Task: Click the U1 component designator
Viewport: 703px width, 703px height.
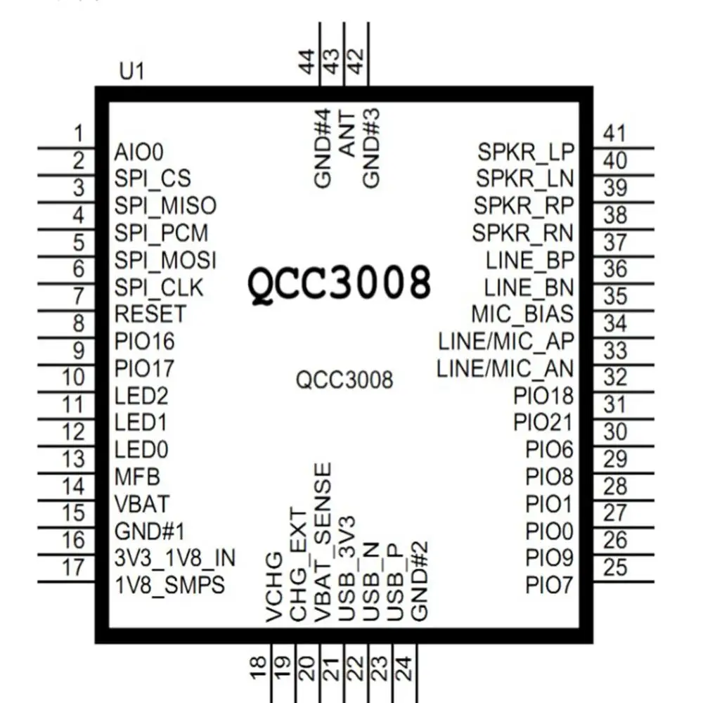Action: tap(132, 73)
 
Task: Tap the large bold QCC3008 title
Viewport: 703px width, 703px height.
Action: tap(339, 283)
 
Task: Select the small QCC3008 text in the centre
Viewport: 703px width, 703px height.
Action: tap(344, 380)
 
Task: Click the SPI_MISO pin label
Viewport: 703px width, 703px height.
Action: tap(165, 205)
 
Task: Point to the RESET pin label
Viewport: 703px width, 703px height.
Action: tap(150, 314)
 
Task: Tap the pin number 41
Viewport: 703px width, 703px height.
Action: tap(614, 134)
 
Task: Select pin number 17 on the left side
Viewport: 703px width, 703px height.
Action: tap(73, 567)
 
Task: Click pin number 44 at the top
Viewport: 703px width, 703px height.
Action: tap(307, 62)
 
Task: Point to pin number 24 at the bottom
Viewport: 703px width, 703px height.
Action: tap(404, 666)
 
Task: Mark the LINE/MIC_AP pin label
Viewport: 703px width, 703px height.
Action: tap(506, 341)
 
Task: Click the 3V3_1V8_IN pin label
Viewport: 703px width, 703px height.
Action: tap(174, 558)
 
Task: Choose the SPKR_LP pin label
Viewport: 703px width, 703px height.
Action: tap(526, 151)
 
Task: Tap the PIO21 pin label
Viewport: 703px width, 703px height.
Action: tap(543, 423)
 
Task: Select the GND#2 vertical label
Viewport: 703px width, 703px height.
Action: tap(420, 581)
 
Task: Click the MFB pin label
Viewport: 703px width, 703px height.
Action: tap(137, 477)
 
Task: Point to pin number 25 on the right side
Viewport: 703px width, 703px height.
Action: tap(615, 567)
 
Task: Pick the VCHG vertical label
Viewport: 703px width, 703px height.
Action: tap(276, 589)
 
